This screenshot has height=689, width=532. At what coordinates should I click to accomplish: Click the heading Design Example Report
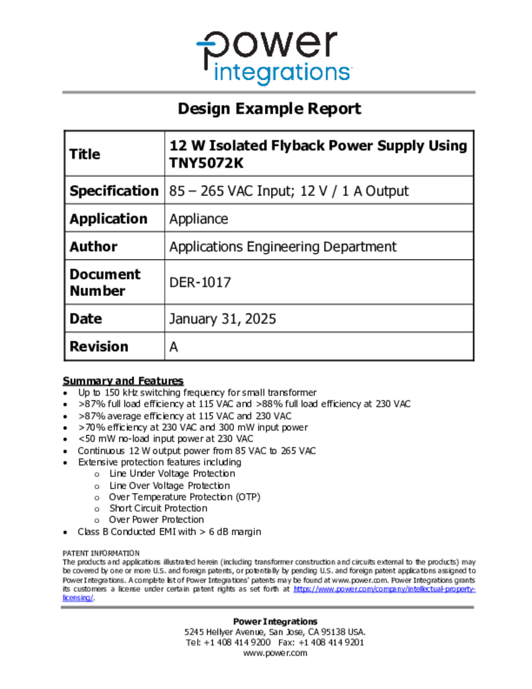[269, 109]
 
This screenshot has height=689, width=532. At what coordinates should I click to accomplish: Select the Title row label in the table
[85, 154]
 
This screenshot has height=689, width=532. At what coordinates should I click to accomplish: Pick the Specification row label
[114, 191]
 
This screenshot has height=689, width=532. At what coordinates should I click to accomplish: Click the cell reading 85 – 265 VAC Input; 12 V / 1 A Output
[289, 191]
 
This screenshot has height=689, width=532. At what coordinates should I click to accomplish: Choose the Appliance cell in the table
[198, 219]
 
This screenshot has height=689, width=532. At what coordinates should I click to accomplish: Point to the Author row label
[93, 247]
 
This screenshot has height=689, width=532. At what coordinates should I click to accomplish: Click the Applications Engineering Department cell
[282, 247]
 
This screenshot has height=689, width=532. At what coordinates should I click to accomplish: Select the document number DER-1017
[200, 283]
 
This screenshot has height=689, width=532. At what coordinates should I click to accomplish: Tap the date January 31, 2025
[222, 319]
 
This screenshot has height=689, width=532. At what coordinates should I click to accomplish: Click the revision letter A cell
[174, 347]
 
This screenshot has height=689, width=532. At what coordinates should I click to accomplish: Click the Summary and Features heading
[123, 381]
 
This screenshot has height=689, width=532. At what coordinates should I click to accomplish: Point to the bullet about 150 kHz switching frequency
[197, 393]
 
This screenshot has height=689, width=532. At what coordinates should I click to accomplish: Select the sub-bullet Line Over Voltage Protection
[169, 486]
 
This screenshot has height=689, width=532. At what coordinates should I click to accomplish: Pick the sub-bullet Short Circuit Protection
[158, 509]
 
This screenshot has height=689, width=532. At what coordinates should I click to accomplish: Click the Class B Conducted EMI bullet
[169, 532]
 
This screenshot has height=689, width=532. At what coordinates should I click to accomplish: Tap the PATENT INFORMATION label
[101, 553]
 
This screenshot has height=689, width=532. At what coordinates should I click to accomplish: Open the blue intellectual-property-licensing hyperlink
[384, 589]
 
